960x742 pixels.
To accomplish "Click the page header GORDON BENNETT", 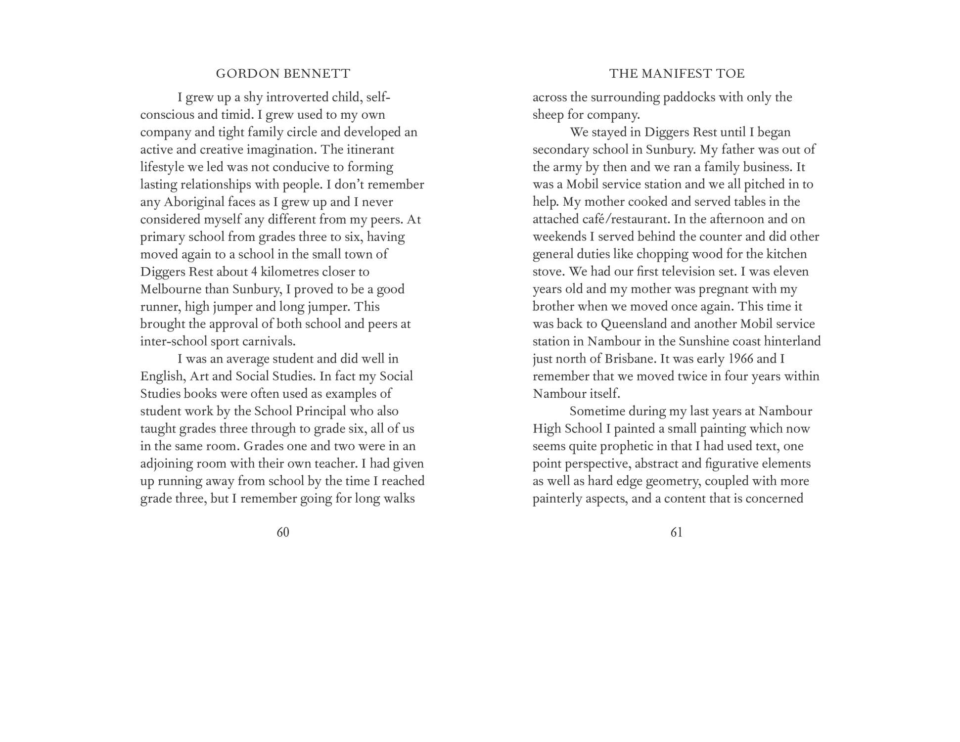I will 283,74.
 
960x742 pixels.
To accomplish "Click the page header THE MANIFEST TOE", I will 677,74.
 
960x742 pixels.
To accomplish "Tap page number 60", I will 283,532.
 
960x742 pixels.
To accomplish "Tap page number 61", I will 677,532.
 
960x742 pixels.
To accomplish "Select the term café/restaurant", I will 601,219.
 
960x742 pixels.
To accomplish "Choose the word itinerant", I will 370,149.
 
